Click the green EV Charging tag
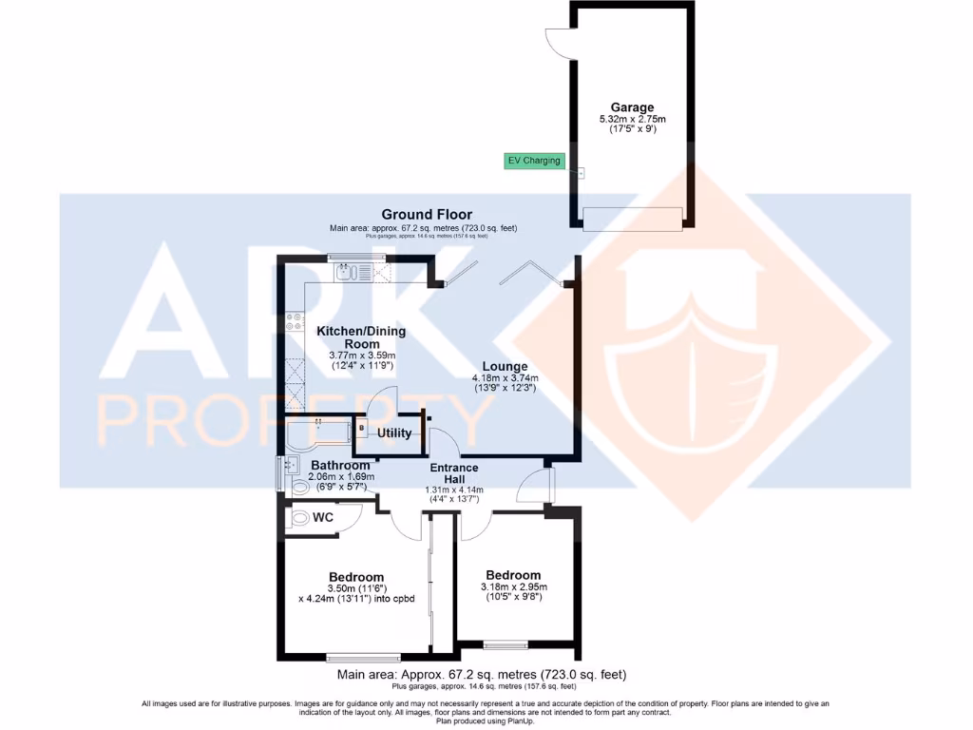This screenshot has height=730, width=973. (533, 161)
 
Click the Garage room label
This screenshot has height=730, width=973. (632, 107)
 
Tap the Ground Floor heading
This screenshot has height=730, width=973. (427, 215)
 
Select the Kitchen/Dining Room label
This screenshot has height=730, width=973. (361, 337)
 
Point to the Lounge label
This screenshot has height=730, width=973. (505, 366)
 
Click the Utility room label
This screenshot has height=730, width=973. (394, 433)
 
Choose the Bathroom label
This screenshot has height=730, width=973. (340, 465)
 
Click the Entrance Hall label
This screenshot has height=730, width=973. (454, 473)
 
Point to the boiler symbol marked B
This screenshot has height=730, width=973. (362, 429)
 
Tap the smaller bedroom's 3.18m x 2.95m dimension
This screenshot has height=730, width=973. (513, 586)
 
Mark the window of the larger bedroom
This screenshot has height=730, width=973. (363, 657)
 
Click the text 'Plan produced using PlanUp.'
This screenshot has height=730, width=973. (486, 720)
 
